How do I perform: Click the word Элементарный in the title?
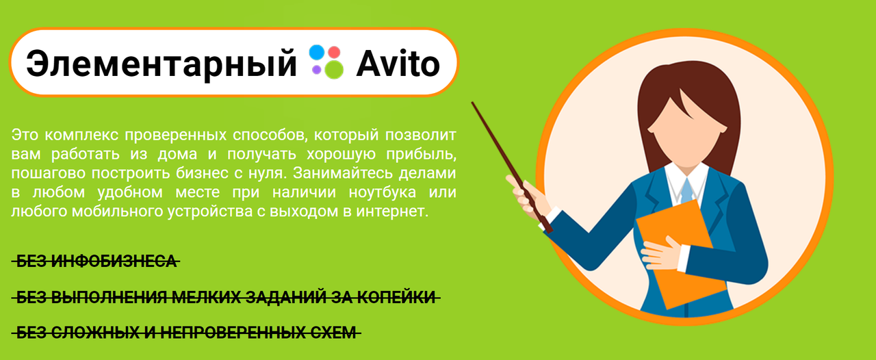(161, 63)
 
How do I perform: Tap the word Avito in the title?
(398, 63)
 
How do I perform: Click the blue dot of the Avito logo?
(316, 52)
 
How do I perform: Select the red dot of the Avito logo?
(334, 52)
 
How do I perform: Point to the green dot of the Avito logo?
(334, 68)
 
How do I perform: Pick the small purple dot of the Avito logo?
(317, 69)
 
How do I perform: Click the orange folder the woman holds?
(678, 253)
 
